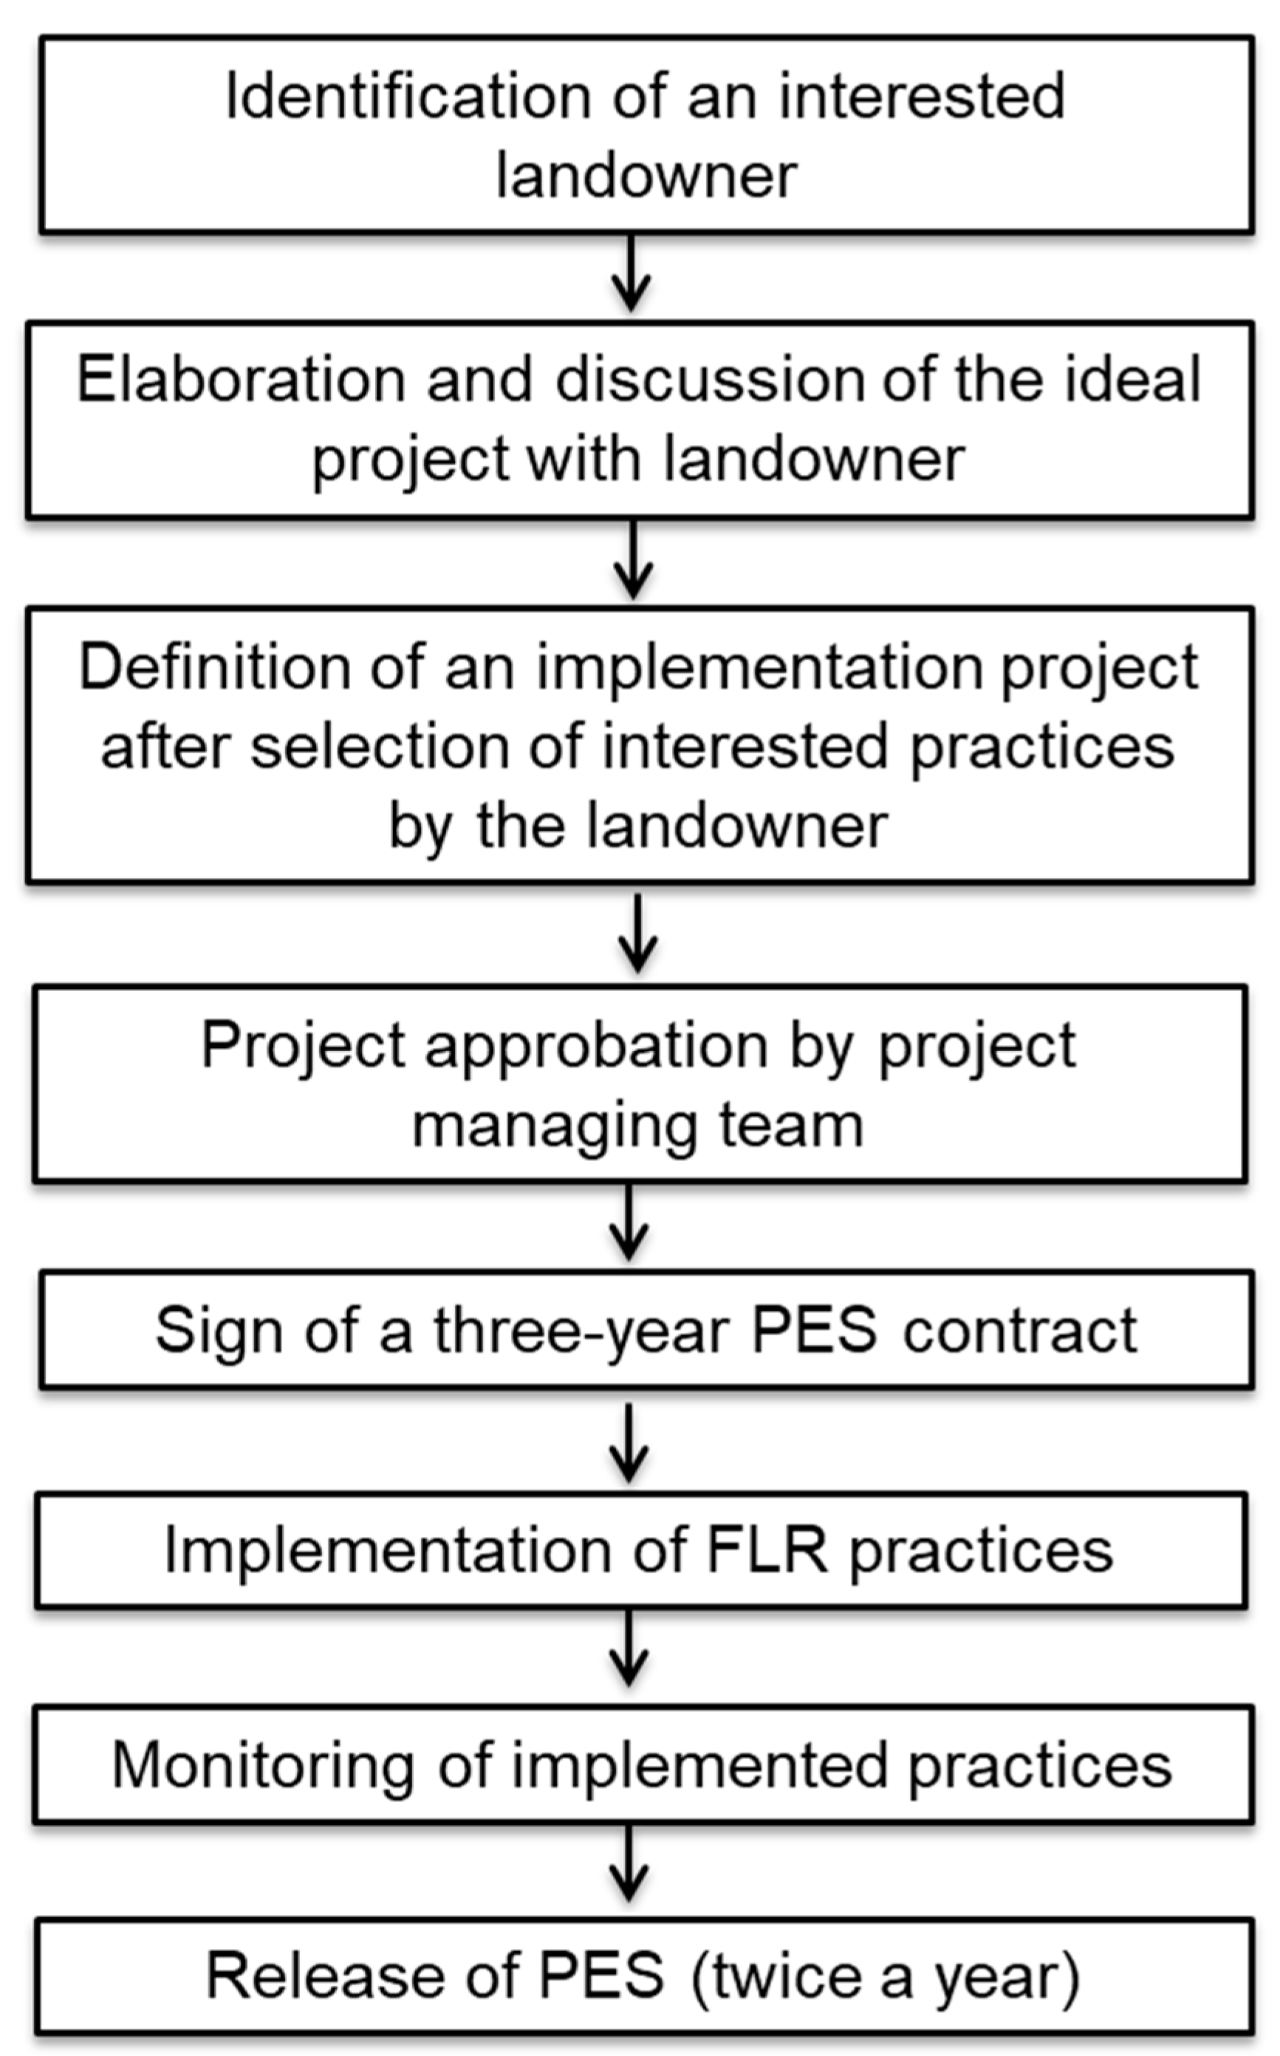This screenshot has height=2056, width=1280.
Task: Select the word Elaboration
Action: coord(241,379)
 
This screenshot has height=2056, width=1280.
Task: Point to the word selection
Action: coord(377,747)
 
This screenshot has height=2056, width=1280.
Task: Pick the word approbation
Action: coord(596,1046)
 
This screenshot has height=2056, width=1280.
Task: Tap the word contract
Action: coord(1019,1331)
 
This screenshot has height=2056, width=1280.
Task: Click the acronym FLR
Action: coord(766,1551)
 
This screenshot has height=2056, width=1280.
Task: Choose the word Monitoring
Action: coord(262,1767)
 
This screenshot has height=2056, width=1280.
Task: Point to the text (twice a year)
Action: coord(886,1976)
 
